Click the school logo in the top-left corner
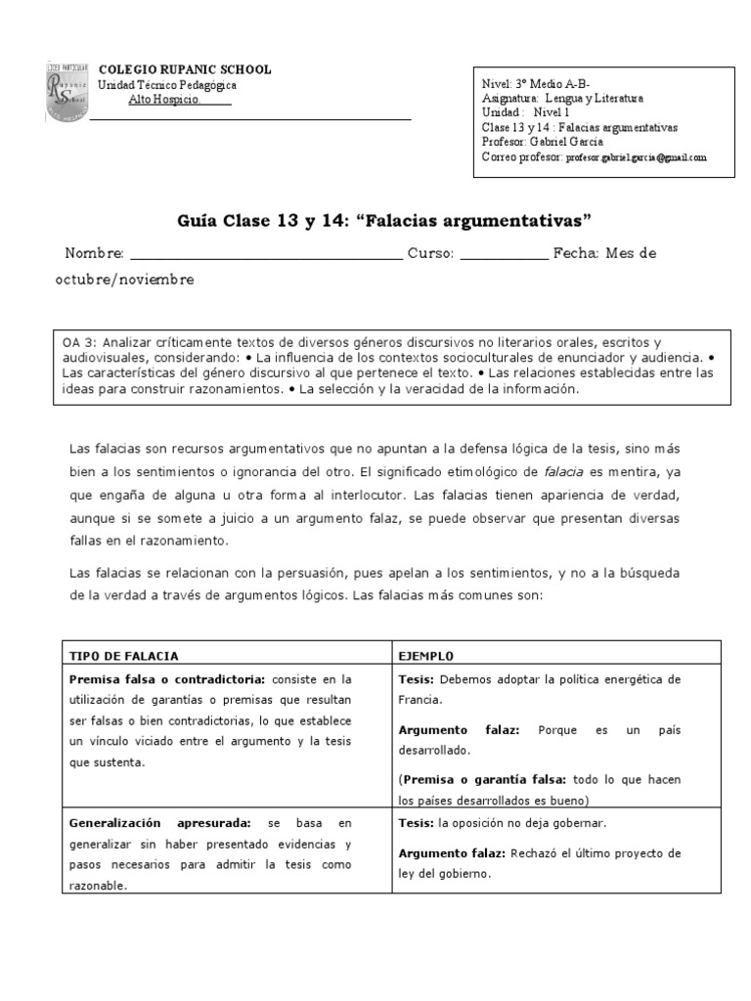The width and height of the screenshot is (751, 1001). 66,93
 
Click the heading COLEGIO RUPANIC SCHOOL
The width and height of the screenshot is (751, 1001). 185,70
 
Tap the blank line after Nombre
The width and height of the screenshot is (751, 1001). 265,254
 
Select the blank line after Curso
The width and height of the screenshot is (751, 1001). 503,254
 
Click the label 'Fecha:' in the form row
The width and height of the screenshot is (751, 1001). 576,253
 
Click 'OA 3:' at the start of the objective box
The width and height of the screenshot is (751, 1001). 79,343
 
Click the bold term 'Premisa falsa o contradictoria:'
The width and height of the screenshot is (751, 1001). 167,679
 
